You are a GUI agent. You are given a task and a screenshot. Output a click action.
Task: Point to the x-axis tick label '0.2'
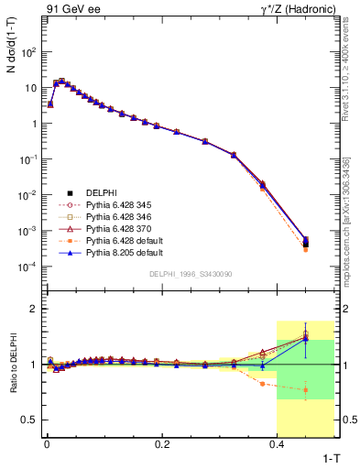[x=161, y=443]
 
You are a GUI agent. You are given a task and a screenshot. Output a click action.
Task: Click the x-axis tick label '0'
[x=46, y=443]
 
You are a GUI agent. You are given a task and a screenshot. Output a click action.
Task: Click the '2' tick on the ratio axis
[x=35, y=309]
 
